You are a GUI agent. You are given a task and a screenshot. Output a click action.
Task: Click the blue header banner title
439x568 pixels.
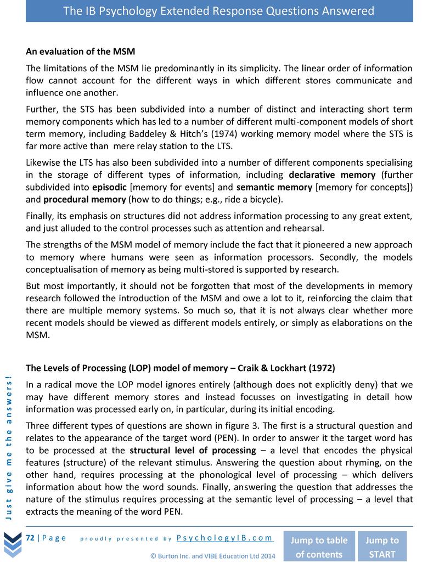pos(219,11)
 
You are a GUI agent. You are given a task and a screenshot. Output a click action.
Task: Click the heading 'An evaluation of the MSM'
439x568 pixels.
pos(80,52)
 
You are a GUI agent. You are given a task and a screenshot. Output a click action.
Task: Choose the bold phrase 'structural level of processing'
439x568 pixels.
pos(193,451)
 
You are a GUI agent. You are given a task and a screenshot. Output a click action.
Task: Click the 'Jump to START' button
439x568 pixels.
pos(382,547)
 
